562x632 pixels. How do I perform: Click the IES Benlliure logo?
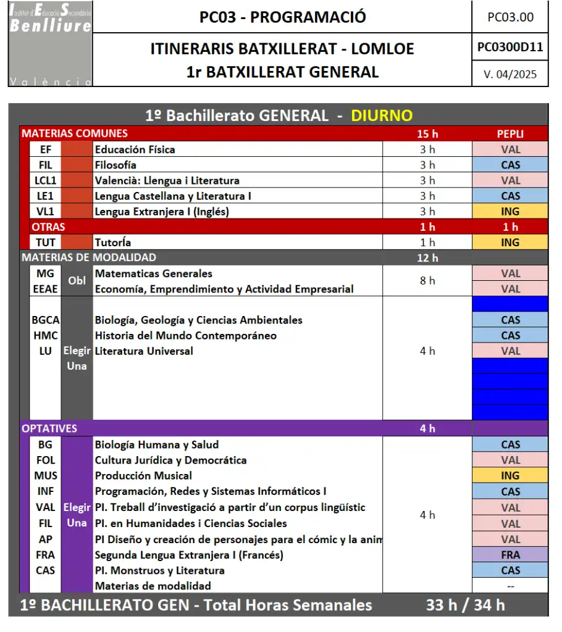(50, 44)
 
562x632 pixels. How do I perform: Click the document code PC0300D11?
(510, 48)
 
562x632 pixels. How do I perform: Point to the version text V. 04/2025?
(510, 75)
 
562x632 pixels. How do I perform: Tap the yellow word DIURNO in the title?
(382, 115)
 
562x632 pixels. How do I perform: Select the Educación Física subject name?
(135, 149)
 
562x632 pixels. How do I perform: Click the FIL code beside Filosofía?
(45, 165)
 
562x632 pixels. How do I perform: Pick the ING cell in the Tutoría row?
(510, 243)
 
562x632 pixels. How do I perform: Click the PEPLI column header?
(510, 134)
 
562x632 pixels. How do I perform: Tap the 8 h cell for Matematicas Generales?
(427, 281)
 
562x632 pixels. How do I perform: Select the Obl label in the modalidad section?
(77, 281)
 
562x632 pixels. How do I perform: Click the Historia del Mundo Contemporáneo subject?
(185, 336)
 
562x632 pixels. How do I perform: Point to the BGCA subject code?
(46, 320)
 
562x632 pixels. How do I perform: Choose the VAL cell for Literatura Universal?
(510, 351)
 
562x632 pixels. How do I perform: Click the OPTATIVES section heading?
(49, 428)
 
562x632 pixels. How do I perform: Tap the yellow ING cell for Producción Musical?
(510, 476)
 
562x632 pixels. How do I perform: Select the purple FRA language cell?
(510, 555)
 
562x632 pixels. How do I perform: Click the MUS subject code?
(46, 476)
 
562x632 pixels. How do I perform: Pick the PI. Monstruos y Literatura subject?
(159, 570)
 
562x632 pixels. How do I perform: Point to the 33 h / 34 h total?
(465, 605)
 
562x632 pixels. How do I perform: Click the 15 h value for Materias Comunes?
(427, 134)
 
